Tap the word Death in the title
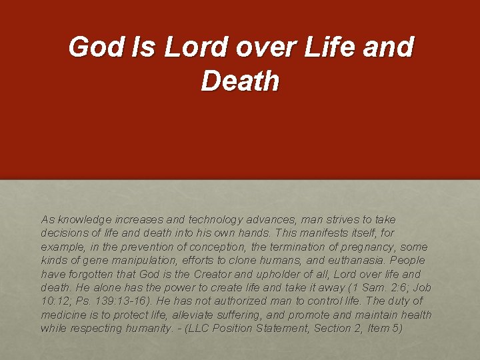[x=240, y=81]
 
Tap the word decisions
[x=65, y=233]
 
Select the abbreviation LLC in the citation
[x=207, y=328]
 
